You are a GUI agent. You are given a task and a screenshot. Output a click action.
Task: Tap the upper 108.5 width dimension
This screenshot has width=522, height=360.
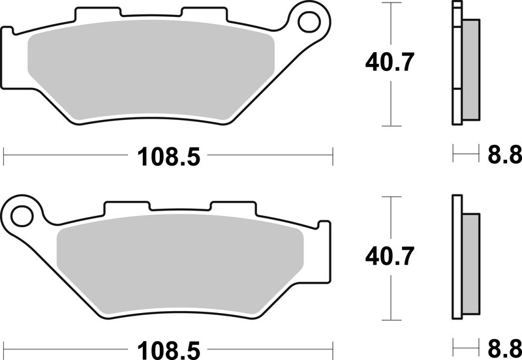coord(168,157)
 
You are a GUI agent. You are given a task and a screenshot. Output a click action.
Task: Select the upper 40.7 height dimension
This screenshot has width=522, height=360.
coord(390,63)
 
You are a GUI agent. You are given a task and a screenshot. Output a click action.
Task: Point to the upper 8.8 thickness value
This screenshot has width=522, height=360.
coord(504,155)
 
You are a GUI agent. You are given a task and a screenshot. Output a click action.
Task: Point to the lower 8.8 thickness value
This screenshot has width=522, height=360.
coord(504,346)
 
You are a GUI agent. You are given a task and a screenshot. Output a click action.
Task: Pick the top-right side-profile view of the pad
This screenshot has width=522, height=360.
coord(463,63)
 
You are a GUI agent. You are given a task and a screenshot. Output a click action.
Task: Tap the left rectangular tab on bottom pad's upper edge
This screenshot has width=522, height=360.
coord(128,205)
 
